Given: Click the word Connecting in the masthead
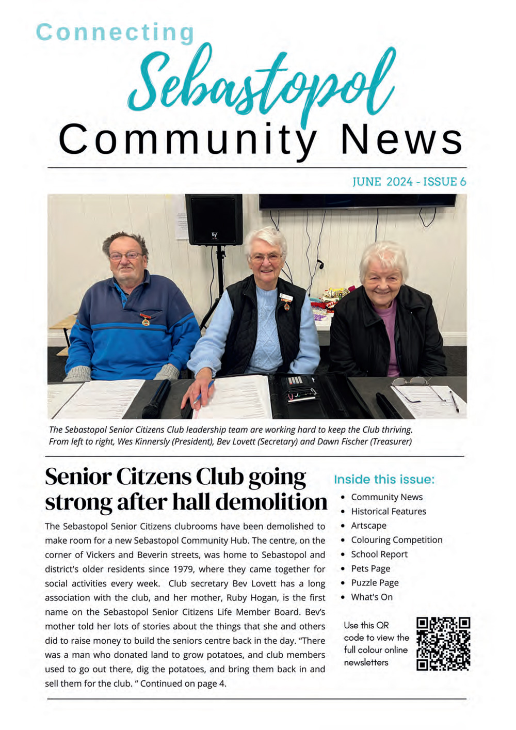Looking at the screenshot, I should tap(115, 33).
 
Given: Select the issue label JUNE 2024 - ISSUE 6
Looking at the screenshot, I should tap(409, 182).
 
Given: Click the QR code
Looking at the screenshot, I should tap(443, 644).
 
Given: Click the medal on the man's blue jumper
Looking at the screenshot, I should tap(146, 320).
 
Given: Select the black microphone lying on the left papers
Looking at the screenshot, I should tap(156, 398).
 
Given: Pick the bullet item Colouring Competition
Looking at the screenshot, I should tap(396, 540).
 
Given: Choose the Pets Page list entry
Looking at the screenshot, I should tap(370, 568).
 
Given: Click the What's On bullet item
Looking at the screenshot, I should tap(372, 597).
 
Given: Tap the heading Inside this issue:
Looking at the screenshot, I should tap(384, 480).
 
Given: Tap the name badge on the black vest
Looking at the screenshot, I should tap(285, 297).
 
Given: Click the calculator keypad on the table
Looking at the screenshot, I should tap(295, 380).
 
